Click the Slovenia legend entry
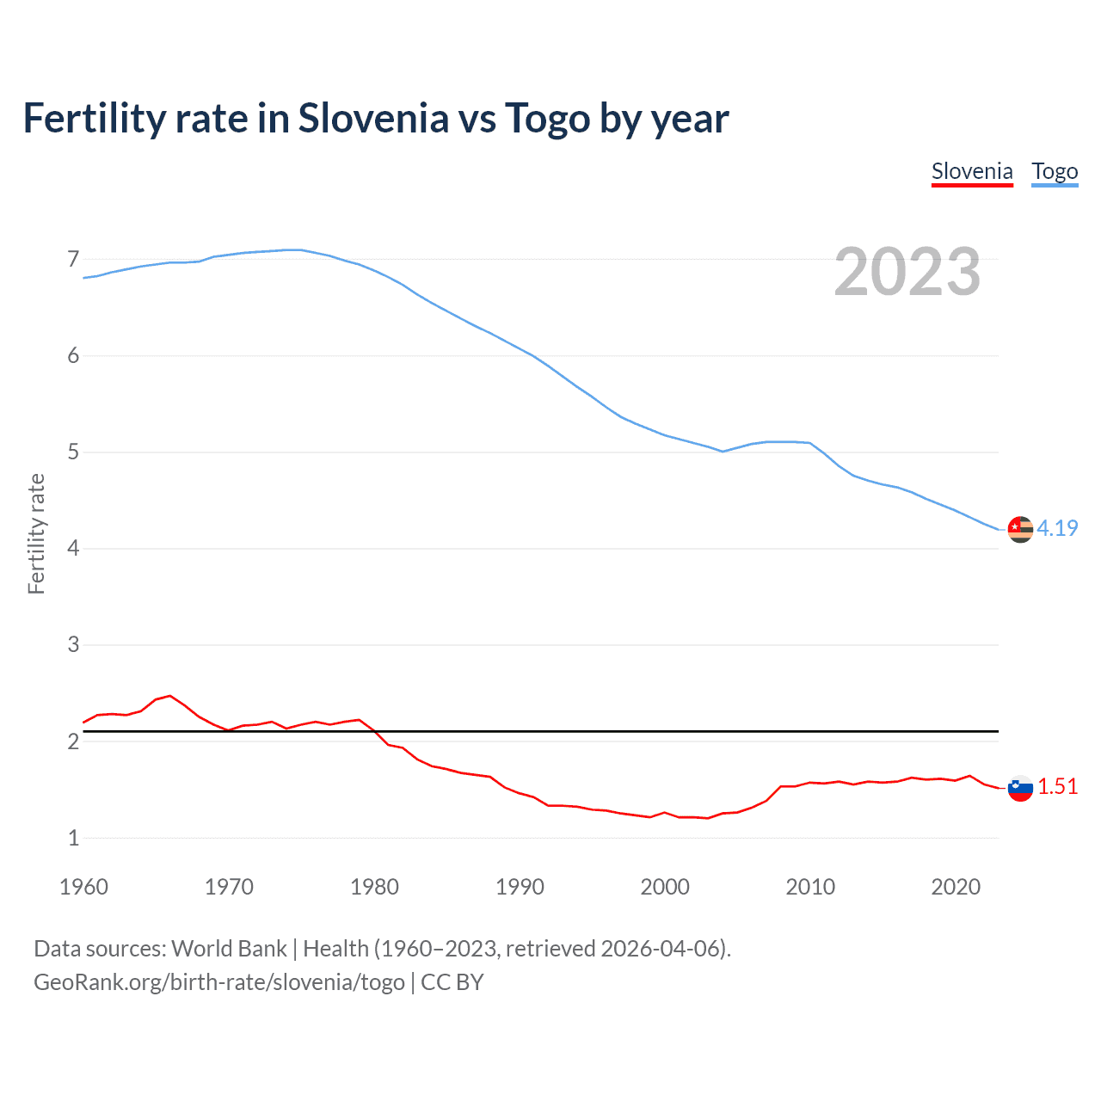coord(972,171)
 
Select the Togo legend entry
coord(1055,171)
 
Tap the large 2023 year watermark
coord(907,272)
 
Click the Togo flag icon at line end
coord(1020,529)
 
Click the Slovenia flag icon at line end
coord(1020,787)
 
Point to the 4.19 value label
coord(1057,528)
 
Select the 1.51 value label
coord(1057,786)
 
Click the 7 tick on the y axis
coord(73,259)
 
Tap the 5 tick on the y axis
coord(73,452)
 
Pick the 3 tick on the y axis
coord(73,644)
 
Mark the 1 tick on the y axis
coord(73,838)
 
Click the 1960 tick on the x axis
coord(83,887)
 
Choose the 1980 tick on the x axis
coord(374,887)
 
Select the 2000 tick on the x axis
coord(665,887)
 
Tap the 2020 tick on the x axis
coord(956,887)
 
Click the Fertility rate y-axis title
coord(36,533)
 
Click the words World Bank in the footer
coord(229,948)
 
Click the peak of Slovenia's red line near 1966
coord(169,695)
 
